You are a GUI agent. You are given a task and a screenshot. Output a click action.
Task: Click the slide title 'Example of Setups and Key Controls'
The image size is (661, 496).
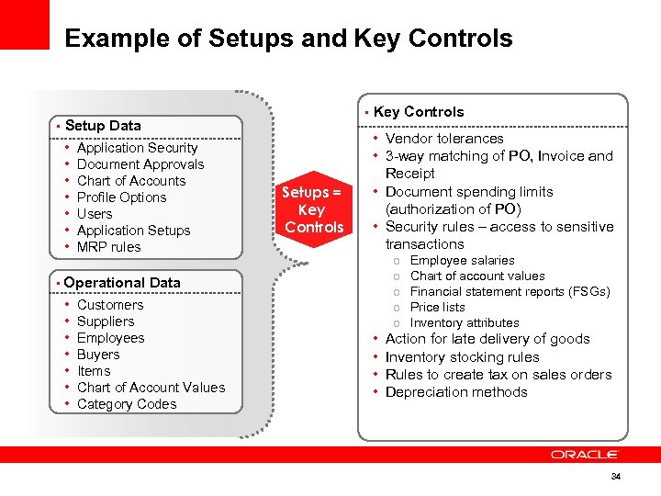pos(288,39)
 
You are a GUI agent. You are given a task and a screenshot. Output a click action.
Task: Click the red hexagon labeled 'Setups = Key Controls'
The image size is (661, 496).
pos(312,209)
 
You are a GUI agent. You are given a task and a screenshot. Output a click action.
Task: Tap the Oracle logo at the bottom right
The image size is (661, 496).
pos(585,454)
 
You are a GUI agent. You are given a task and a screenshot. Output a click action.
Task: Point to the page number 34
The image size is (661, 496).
pos(616,477)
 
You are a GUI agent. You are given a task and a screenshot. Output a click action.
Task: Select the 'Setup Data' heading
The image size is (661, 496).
pos(103,125)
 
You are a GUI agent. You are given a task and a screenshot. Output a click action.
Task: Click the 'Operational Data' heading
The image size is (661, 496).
pos(122,283)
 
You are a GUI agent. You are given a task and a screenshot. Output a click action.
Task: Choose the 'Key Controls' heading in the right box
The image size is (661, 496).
pos(419,112)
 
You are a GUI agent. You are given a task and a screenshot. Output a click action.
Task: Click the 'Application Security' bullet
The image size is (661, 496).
pos(137,148)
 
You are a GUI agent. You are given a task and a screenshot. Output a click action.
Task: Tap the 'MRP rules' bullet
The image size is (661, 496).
pos(109,247)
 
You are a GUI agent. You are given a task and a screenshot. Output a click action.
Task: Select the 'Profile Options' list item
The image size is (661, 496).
pos(121,197)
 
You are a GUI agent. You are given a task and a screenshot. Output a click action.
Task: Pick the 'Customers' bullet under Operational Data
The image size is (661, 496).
pos(110,305)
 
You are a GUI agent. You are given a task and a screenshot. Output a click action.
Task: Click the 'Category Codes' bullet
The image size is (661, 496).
pos(127,404)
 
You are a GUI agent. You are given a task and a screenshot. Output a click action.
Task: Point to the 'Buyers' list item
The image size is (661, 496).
pos(98,355)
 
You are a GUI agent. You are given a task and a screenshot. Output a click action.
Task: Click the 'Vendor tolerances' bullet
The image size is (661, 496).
pos(444,139)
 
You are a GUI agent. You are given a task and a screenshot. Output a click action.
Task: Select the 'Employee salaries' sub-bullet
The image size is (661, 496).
pos(462,261)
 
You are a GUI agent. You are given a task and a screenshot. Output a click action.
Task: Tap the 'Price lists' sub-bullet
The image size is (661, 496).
pos(437,308)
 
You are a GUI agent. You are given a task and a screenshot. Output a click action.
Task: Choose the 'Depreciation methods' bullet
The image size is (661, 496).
pos(456,392)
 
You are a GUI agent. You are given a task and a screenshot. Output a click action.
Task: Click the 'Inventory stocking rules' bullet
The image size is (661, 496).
pos(462,357)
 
